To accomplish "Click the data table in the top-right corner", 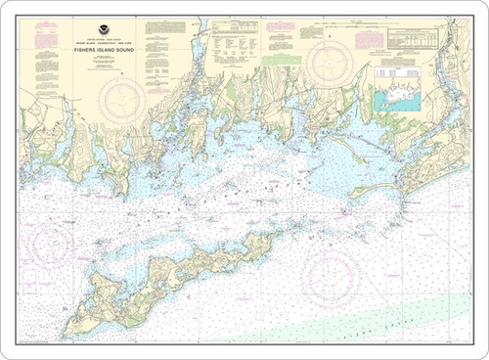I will (417, 38).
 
